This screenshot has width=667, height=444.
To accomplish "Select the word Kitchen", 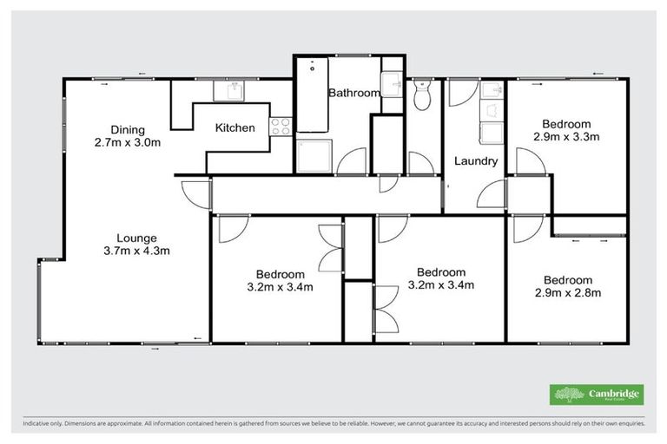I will pos(235,128).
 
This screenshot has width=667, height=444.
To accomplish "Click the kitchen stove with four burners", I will pos(281,127).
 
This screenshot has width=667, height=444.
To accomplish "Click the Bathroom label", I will pos(354,93).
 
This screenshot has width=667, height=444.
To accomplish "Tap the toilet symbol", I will pos(423,96).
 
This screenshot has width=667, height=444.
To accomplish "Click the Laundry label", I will pos(476,161).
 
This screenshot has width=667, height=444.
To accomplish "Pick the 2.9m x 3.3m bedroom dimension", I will pos(567,136).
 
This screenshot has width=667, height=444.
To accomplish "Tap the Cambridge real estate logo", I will pos(597,395).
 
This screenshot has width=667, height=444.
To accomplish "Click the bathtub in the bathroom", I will pos(313,95).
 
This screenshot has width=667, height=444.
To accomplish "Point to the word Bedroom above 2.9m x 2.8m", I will pos(567,280).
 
